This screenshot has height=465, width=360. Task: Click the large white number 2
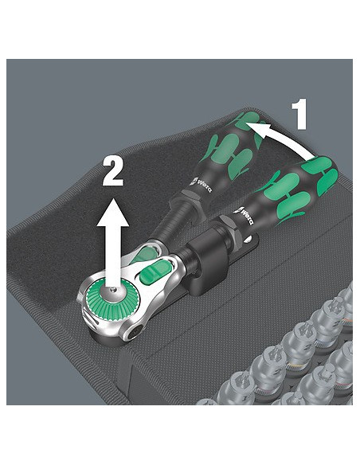[112, 171]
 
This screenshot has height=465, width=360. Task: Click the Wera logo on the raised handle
[201, 184]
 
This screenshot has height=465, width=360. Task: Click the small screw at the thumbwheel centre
[112, 290]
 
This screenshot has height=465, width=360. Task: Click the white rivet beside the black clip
[249, 239]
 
